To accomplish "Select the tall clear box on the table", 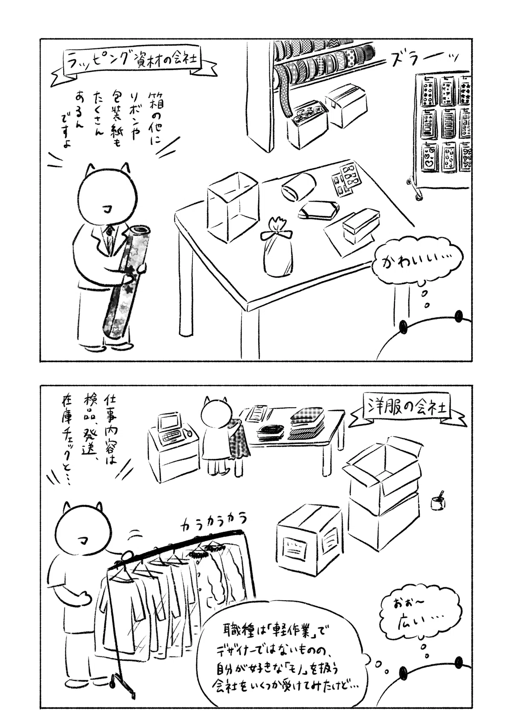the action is [x=233, y=207].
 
